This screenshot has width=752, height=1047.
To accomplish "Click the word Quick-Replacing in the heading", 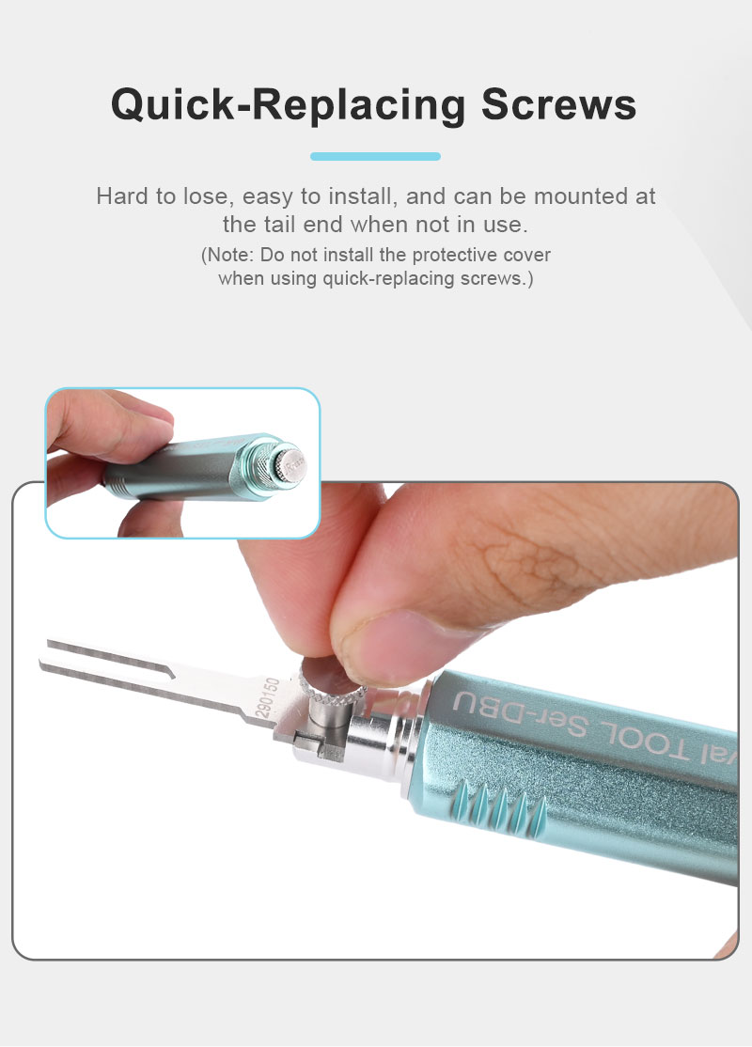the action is [x=289, y=105].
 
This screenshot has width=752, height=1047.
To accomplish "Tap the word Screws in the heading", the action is [x=559, y=105].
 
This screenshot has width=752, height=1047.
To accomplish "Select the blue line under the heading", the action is [x=375, y=156].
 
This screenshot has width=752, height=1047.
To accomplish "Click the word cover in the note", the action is [x=527, y=255].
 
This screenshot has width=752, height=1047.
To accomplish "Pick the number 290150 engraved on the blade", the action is [x=268, y=697].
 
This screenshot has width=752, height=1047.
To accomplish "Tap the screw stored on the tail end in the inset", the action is [x=291, y=464].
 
